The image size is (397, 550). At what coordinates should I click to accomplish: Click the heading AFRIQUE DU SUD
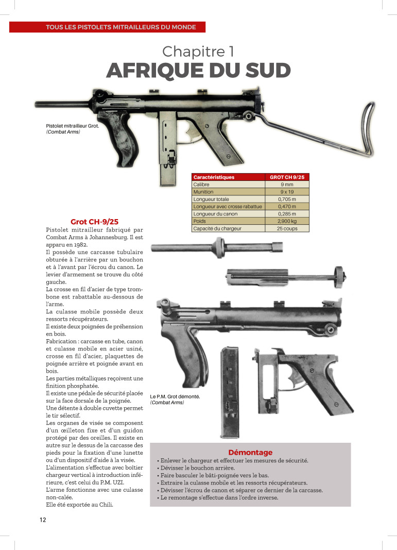click(x=198, y=70)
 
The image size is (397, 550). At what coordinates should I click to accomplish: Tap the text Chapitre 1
click(x=198, y=51)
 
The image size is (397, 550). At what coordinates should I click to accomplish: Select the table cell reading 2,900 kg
click(x=287, y=221)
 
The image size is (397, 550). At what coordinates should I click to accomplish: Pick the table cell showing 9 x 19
click(x=287, y=192)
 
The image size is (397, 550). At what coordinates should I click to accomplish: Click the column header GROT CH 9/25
click(x=287, y=177)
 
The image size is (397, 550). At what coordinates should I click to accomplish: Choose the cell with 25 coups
click(x=287, y=228)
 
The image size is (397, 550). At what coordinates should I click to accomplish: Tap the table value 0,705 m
click(x=287, y=199)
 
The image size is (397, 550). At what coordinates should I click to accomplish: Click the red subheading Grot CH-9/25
click(x=94, y=221)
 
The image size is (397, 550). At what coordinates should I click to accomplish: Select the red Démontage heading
click(x=250, y=452)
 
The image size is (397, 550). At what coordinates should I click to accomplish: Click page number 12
click(x=42, y=520)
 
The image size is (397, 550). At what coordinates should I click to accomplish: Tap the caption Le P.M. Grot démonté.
click(x=175, y=396)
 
